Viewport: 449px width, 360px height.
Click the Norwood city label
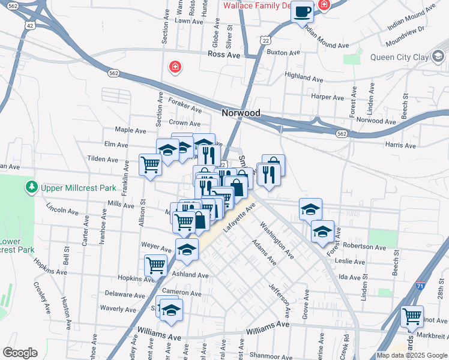coord(241,113)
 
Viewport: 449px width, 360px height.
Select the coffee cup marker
coord(303,11)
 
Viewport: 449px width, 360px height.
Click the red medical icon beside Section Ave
coord(175,66)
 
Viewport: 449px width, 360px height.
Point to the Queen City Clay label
coord(399,58)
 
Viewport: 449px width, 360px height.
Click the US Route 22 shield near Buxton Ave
coord(265,40)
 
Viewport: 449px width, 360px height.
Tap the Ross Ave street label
coord(223,55)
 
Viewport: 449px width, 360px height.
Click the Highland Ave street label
coord(304,77)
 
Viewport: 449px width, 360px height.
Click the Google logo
coord(20,353)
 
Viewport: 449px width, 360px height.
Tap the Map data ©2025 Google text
coord(411,355)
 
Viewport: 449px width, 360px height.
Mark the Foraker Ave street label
coord(185,106)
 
